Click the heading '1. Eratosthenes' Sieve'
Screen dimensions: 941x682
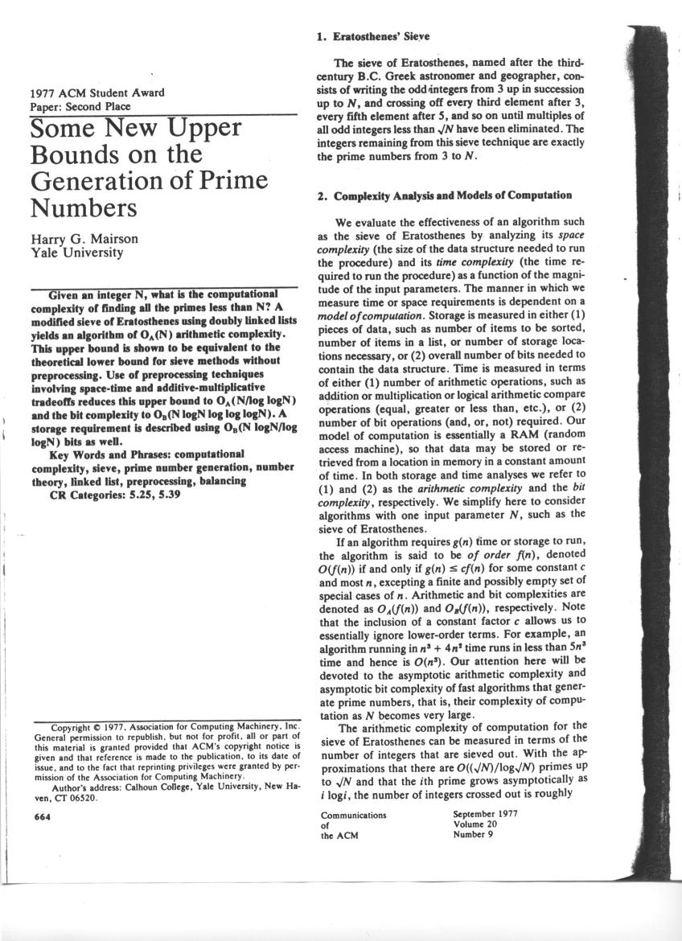pyautogui.click(x=374, y=36)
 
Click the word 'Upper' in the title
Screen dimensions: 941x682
pyautogui.click(x=200, y=129)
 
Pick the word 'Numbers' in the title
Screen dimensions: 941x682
pyautogui.click(x=84, y=208)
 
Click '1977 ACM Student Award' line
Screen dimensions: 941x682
pyautogui.click(x=97, y=92)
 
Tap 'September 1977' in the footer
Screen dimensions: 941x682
pyautogui.click(x=485, y=814)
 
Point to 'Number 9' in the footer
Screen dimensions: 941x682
pyautogui.click(x=473, y=834)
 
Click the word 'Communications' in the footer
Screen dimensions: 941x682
pyautogui.click(x=353, y=814)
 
